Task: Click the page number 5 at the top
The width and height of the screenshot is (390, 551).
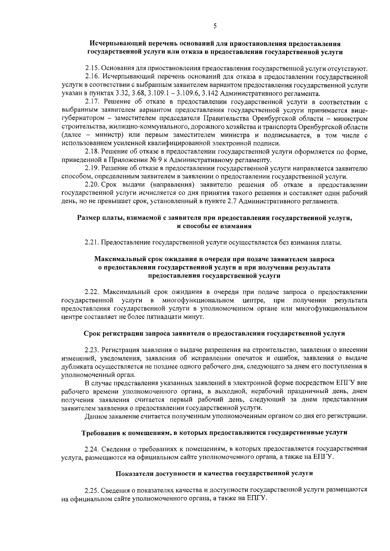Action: coord(215,26)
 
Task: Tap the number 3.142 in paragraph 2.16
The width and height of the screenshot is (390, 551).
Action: coord(210,94)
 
